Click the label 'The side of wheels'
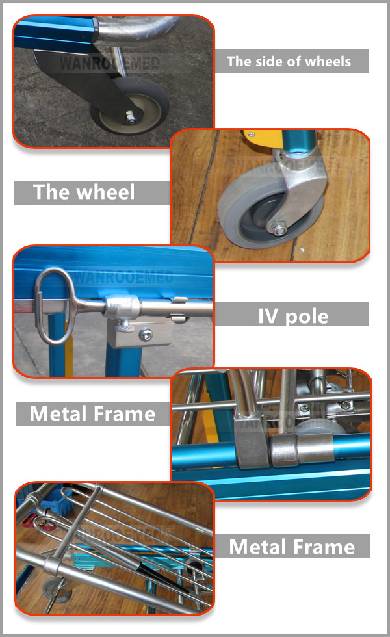[289, 61]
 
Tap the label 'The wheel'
[84, 192]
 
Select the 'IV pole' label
[293, 316]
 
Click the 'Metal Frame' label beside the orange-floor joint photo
[92, 414]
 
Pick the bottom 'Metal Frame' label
[292, 547]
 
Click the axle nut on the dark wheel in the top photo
[131, 118]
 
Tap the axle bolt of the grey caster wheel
[280, 229]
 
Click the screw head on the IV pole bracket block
[146, 335]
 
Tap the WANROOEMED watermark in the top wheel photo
[109, 63]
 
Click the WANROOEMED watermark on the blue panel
[124, 278]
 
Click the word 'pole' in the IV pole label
[307, 317]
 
